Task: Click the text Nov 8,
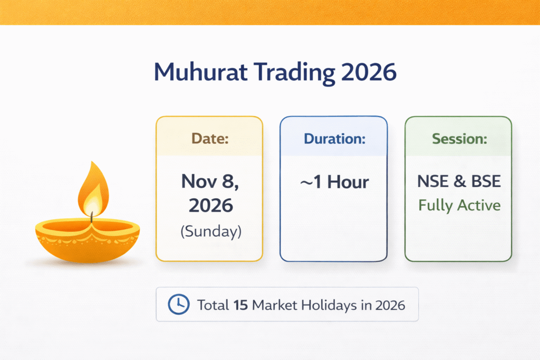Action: tap(209, 181)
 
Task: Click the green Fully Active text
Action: tap(459, 205)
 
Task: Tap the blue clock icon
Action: tap(178, 304)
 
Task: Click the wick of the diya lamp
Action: tap(91, 216)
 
